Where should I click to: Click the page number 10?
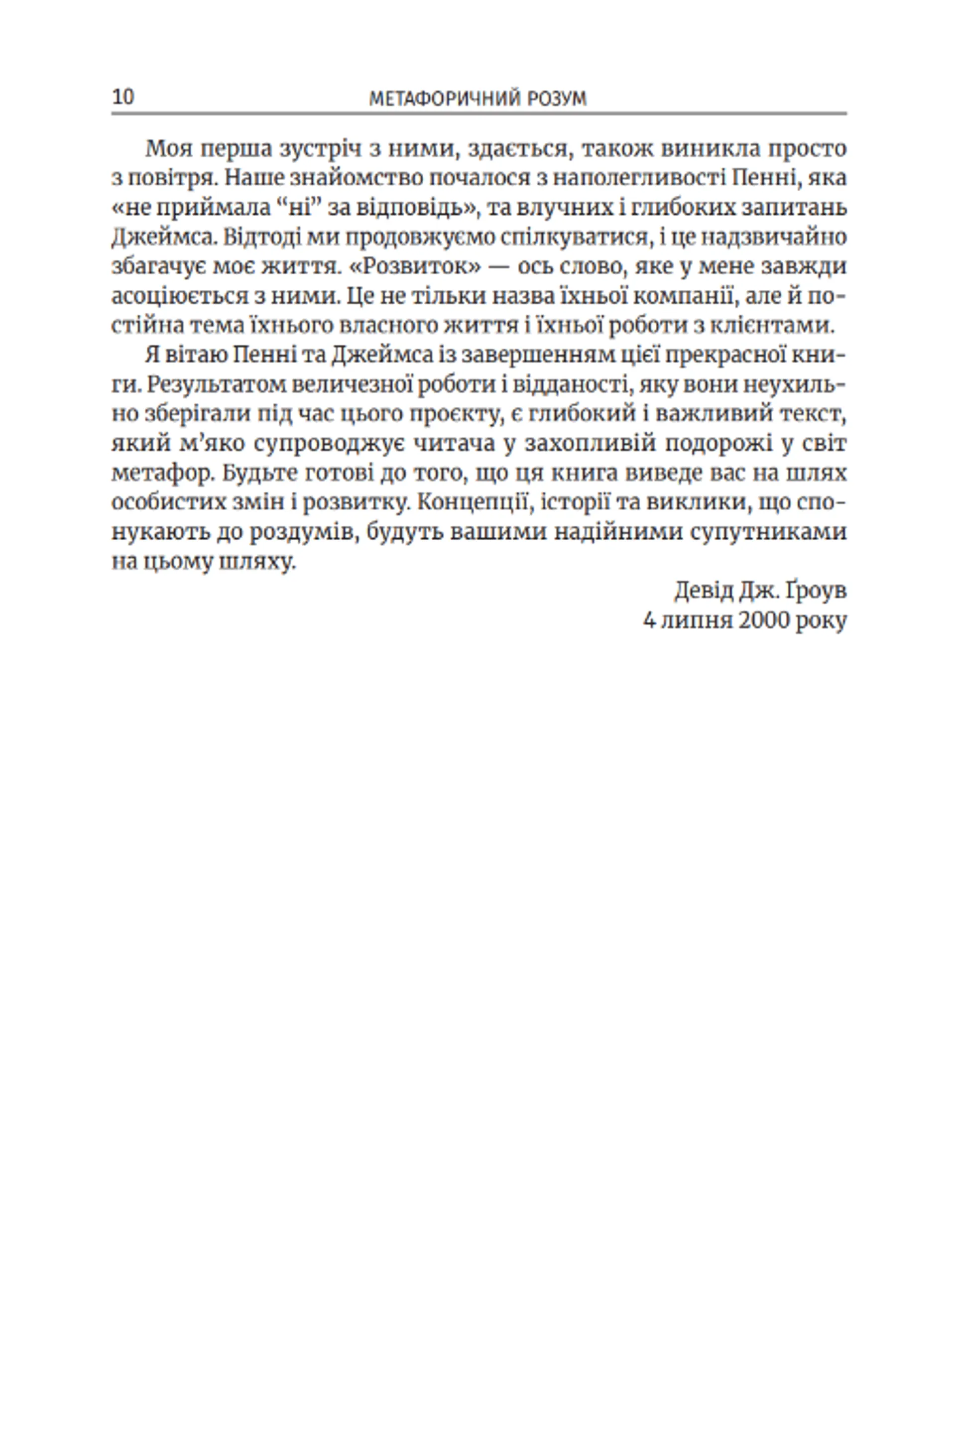click(x=123, y=97)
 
